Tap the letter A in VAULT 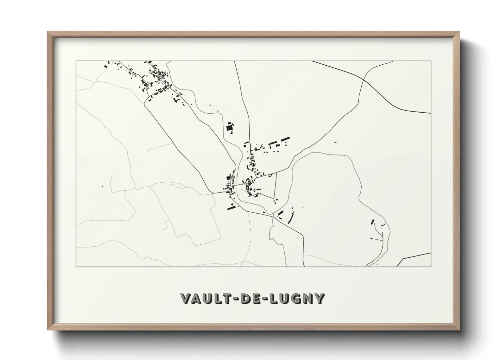(198, 298)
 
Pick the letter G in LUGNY (297, 298)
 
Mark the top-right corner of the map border (431, 61)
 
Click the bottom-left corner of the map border (76, 267)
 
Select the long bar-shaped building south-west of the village (232, 206)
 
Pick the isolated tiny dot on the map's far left (103, 186)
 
